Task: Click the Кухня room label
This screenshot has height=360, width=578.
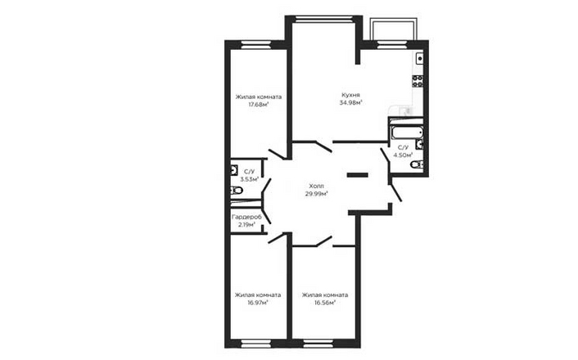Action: (350, 95)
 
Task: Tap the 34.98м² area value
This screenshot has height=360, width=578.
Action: (350, 103)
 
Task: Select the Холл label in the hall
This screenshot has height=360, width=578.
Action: (317, 186)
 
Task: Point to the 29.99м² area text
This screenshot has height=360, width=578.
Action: (317, 193)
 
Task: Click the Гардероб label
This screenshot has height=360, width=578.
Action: (246, 217)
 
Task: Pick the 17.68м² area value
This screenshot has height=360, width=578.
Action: (259, 104)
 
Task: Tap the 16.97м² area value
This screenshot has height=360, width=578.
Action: (258, 303)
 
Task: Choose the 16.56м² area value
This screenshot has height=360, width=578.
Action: (325, 303)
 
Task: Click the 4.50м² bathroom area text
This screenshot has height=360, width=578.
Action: (403, 155)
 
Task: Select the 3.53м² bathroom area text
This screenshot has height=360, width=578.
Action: (250, 179)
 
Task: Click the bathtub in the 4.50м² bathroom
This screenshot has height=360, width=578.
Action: (407, 132)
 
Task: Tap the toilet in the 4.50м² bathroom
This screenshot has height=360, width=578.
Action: (417, 164)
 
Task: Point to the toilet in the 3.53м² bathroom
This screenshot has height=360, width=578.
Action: (237, 191)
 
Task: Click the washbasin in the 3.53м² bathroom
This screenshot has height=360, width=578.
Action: (234, 170)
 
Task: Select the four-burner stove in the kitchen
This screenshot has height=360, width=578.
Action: (418, 81)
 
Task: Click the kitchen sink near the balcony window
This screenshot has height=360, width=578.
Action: (419, 58)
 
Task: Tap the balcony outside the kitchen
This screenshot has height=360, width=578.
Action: (394, 29)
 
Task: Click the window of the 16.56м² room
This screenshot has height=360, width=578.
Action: (318, 344)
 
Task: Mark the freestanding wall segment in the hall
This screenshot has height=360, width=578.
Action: (358, 175)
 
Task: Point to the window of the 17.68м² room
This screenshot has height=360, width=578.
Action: (255, 45)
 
